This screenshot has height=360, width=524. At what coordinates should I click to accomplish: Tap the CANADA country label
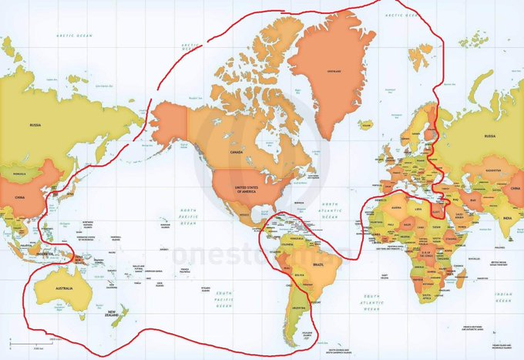(236, 152)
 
